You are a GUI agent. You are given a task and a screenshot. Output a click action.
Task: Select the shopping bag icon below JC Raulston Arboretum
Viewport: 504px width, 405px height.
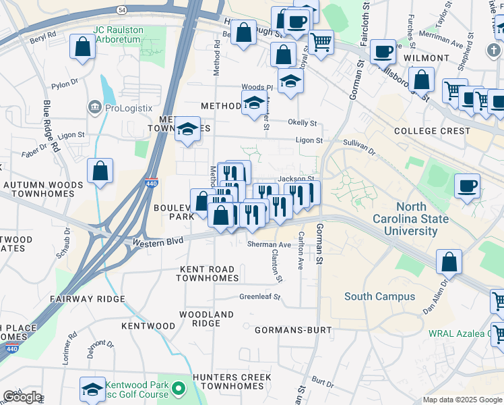[x=82, y=48]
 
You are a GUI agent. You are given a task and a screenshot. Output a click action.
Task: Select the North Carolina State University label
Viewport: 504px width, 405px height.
[x=416, y=219]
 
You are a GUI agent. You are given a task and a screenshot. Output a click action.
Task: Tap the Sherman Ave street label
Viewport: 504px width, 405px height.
[x=269, y=244]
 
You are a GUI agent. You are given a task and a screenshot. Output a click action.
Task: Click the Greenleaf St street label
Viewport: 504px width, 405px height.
[x=259, y=296]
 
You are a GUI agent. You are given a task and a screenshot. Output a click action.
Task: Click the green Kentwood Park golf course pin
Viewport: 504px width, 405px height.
[x=178, y=389]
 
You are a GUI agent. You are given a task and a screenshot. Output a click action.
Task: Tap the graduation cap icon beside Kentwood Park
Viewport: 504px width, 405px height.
[x=92, y=388]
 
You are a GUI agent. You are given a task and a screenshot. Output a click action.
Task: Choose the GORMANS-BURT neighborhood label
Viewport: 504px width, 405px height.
[x=293, y=330]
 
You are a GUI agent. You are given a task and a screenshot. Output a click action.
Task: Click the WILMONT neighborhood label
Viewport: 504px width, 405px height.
[x=426, y=59]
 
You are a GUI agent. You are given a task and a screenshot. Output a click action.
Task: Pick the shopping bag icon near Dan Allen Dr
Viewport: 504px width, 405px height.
[x=449, y=261]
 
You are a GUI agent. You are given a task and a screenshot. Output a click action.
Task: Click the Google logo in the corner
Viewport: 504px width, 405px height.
[x=22, y=397]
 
